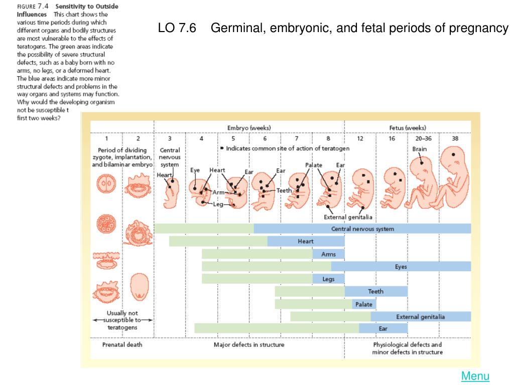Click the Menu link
tap(475, 376)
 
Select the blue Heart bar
tap(306, 242)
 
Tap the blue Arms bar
tap(328, 254)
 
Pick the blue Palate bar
tap(364, 304)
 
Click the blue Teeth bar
tap(376, 291)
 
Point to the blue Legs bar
tap(328, 279)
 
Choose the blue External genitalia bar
tap(421, 317)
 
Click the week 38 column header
tap(455, 138)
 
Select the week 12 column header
tap(360, 138)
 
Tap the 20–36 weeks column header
tap(423, 138)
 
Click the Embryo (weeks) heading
tap(249, 128)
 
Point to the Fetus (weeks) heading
tap(408, 128)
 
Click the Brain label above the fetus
tap(420, 149)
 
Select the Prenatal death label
tap(122, 345)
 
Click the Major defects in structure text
tap(249, 345)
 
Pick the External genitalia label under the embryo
tap(348, 217)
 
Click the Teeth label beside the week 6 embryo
tap(284, 190)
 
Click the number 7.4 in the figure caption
tap(44, 7)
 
